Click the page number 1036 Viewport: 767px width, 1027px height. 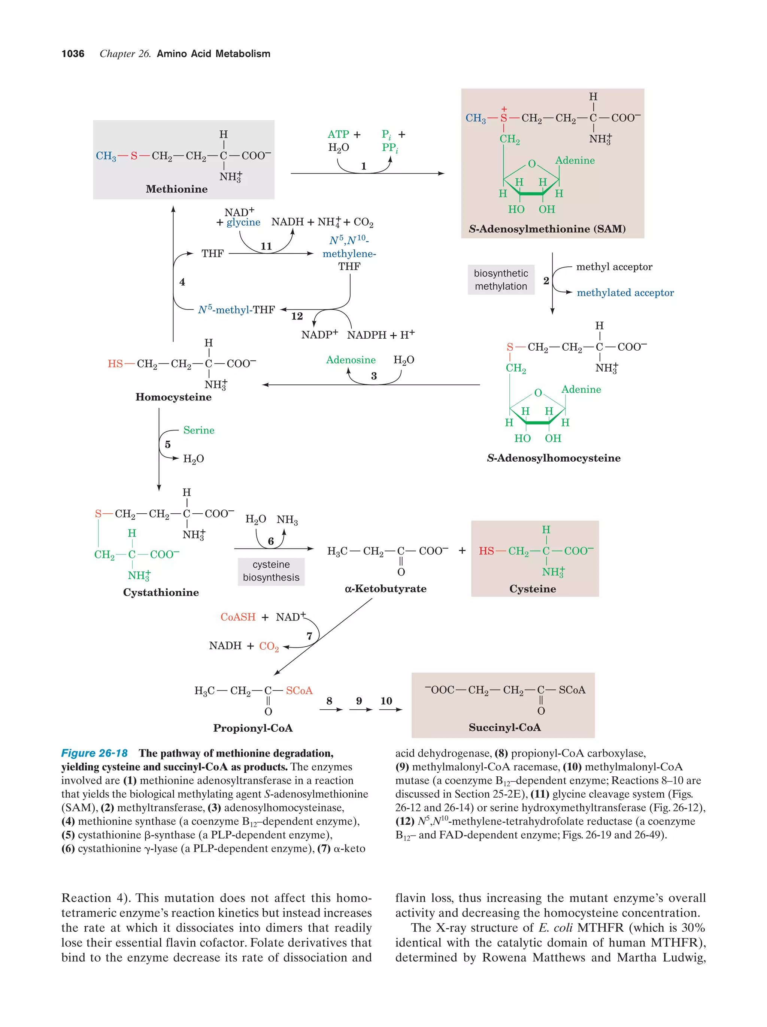coord(73,54)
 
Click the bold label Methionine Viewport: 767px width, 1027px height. coord(176,189)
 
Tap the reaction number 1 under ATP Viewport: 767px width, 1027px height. coord(363,166)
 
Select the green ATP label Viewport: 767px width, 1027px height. coord(338,134)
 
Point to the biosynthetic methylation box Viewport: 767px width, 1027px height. coord(501,280)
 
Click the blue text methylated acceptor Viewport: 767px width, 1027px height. coord(625,293)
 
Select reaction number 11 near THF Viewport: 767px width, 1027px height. coord(266,246)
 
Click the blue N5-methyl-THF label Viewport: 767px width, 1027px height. coord(236,310)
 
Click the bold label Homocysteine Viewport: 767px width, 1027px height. coord(173,397)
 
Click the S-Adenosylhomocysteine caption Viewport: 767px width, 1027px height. coord(554,458)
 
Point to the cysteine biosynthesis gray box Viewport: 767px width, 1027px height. coord(271,571)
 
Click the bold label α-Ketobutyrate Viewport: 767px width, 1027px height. coord(385,589)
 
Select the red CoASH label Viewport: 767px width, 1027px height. coord(237,617)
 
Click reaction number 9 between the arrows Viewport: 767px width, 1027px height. coord(359,701)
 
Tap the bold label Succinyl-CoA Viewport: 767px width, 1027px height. coord(504,727)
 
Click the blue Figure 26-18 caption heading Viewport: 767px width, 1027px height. coord(94,753)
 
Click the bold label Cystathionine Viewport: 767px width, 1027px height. coord(161,592)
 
